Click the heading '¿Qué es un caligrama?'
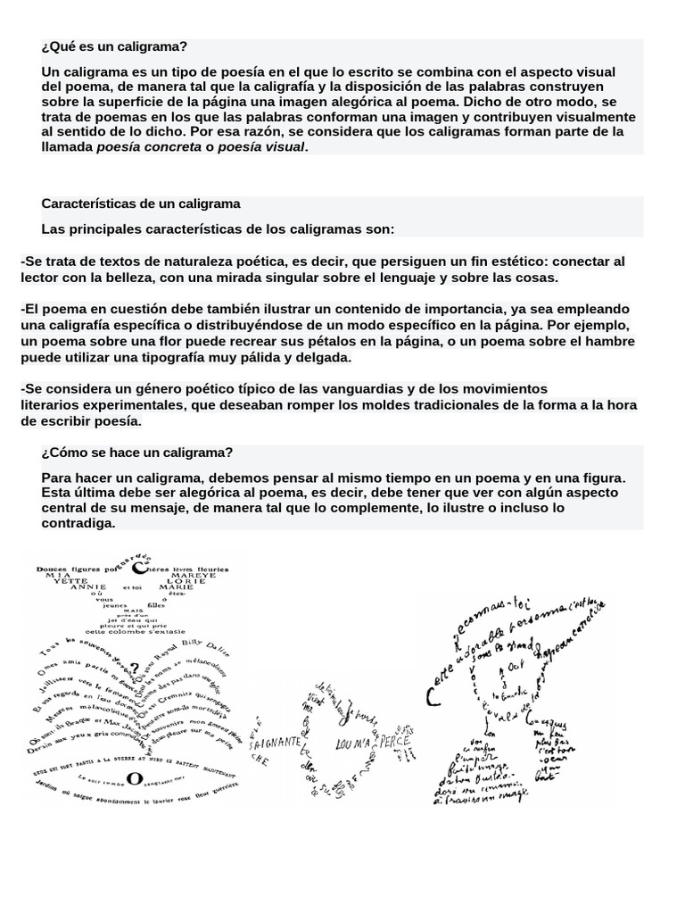coord(114,47)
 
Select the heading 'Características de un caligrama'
coord(141,204)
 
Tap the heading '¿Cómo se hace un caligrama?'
coord(136,453)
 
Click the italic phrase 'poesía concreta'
coord(149,146)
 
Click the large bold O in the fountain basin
coord(134,779)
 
